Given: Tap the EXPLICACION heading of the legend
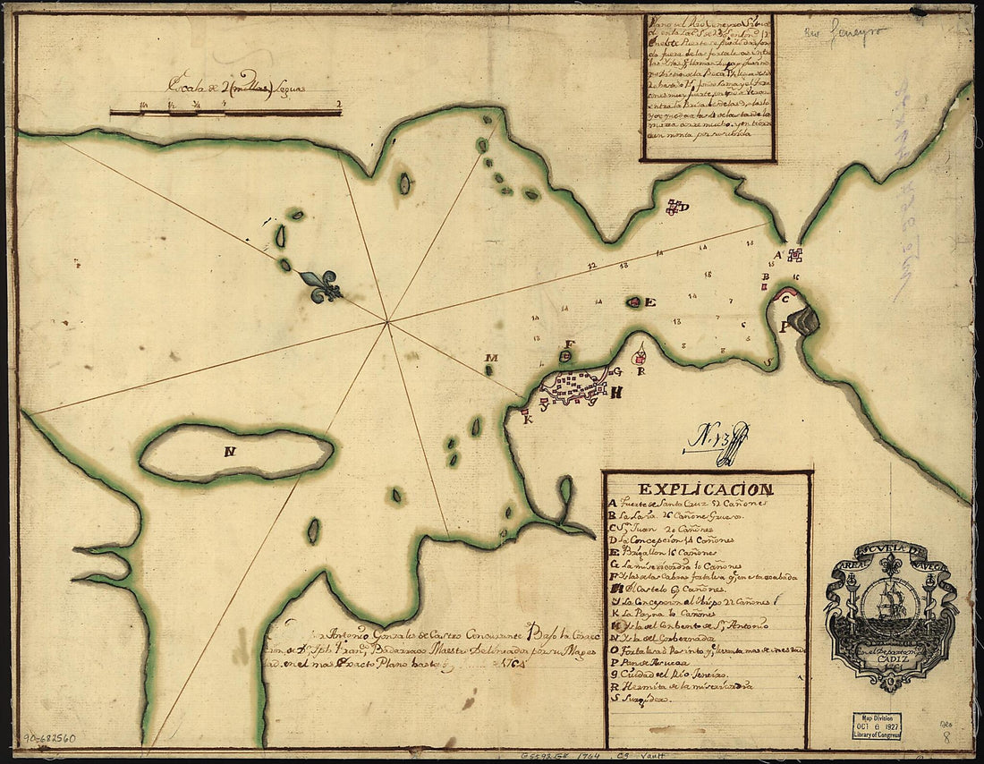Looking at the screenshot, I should point(706,489).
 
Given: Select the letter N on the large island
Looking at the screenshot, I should point(230,452).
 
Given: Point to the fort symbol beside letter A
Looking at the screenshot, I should point(795,255).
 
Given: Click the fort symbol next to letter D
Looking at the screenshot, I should point(673,208).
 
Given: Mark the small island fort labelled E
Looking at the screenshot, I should point(634,302).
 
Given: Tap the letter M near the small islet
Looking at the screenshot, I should point(490,359).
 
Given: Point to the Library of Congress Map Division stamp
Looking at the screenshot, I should point(875,726).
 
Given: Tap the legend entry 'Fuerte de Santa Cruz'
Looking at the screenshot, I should point(684,505).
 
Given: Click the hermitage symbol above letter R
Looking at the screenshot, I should point(640,350).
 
